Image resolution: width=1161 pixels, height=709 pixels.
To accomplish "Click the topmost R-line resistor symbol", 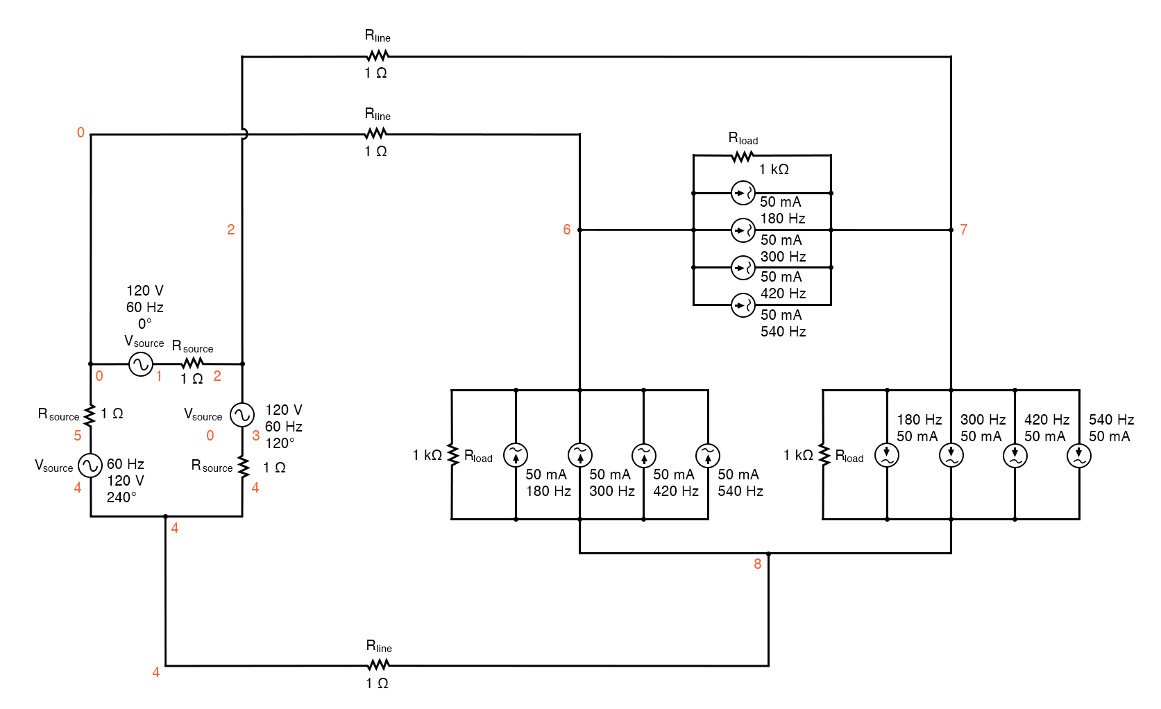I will coord(378,56).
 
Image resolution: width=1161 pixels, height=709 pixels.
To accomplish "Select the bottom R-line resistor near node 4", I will coord(378,665).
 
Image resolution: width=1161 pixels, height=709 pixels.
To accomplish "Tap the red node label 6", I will coord(566,230).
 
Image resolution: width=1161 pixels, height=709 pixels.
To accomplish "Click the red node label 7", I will coord(963,230).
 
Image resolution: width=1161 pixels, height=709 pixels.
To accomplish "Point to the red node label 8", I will coord(757,564).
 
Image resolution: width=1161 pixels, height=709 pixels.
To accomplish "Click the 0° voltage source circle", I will coord(141,364).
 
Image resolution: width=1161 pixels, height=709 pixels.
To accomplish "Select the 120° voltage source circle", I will coord(242,415).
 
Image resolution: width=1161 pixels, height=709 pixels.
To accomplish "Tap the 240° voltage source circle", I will coord(90,465).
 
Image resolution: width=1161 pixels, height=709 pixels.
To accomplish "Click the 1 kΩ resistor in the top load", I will coord(742,156).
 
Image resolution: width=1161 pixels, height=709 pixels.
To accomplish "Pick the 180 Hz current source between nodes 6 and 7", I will coord(743,193).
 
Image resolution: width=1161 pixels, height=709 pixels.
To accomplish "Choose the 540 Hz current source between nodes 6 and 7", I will coord(743,305).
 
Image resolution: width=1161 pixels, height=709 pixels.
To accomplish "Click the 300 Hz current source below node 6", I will coord(580,455).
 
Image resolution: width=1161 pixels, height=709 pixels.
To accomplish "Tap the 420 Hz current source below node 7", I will coord(1015,455).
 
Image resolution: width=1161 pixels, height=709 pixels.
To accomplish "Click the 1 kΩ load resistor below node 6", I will coord(452,455).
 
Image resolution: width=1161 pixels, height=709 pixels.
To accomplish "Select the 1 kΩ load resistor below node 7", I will coord(824,455).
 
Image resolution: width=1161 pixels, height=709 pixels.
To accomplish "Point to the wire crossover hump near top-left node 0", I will coord(244,134).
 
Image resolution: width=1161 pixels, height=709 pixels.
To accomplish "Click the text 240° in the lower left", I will coord(121,497).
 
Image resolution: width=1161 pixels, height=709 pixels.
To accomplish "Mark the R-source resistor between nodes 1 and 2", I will coord(192,363).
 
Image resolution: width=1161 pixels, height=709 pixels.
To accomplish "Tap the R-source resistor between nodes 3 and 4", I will coord(243,466).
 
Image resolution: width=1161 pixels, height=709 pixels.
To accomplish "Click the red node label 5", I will coord(77,436).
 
